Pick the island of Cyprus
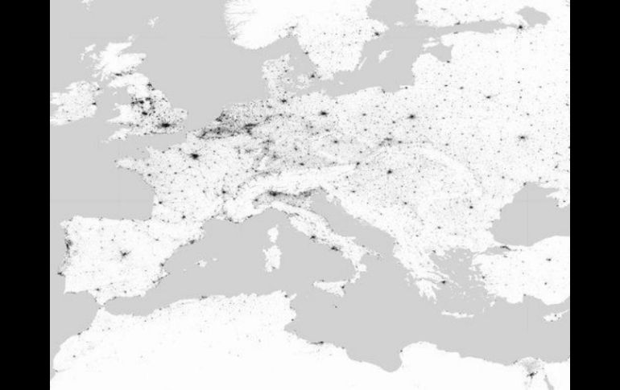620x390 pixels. click(x=556, y=316)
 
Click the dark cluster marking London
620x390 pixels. click(x=165, y=127)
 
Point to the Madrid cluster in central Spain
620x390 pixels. click(x=124, y=255)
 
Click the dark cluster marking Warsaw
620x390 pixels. click(x=411, y=117)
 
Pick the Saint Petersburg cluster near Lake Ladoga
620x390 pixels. click(x=519, y=27)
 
